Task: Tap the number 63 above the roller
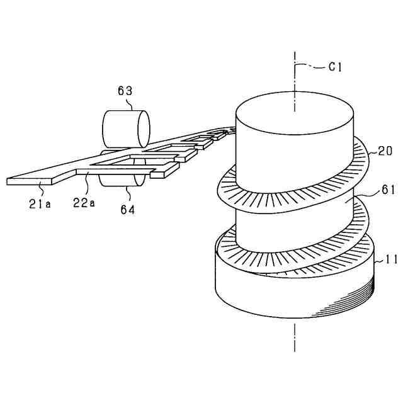point(125,91)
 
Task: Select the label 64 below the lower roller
point(128,210)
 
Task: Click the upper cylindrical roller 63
point(125,128)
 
